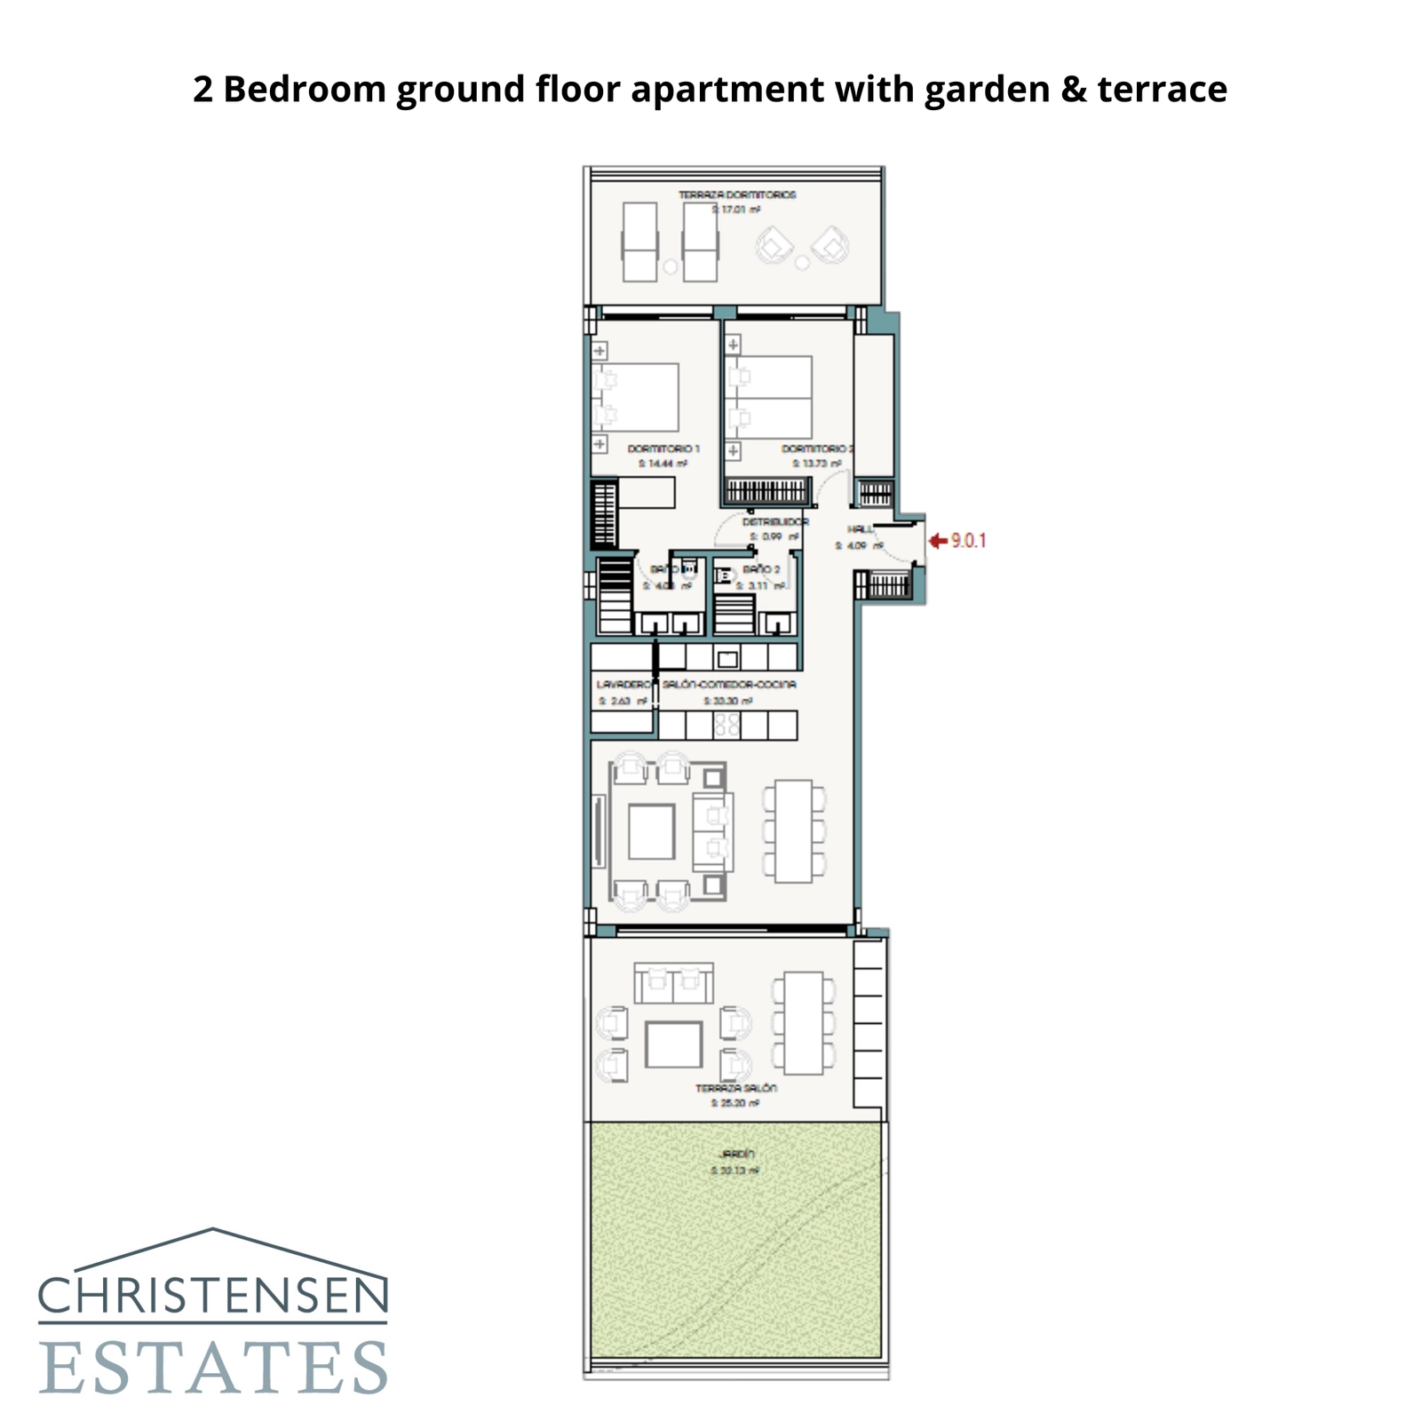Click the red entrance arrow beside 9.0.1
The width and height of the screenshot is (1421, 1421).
tap(938, 540)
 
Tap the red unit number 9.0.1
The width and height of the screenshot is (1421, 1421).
tap(969, 540)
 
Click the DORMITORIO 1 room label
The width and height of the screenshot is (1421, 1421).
tap(663, 449)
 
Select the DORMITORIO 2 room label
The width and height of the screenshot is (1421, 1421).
tap(815, 449)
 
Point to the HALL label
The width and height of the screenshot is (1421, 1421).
tap(859, 529)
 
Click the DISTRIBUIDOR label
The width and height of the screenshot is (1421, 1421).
tap(775, 521)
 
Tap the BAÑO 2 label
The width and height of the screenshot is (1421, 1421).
tap(761, 569)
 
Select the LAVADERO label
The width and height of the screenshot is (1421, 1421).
tap(623, 685)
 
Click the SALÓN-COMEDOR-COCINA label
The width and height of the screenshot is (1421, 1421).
tap(729, 685)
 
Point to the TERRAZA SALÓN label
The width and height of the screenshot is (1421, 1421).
tap(735, 1088)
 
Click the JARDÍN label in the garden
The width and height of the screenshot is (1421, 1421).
tap(736, 1154)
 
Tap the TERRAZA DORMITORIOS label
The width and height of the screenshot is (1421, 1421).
tap(737, 194)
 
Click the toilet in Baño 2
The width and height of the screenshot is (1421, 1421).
tap(724, 576)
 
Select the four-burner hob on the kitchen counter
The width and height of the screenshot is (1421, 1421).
tap(726, 726)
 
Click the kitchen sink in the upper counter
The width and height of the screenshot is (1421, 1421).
tap(727, 658)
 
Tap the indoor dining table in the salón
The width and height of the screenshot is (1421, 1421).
tap(793, 831)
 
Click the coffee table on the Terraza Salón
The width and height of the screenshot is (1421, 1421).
tap(674, 1044)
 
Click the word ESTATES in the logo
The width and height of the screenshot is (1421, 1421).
tap(213, 1367)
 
